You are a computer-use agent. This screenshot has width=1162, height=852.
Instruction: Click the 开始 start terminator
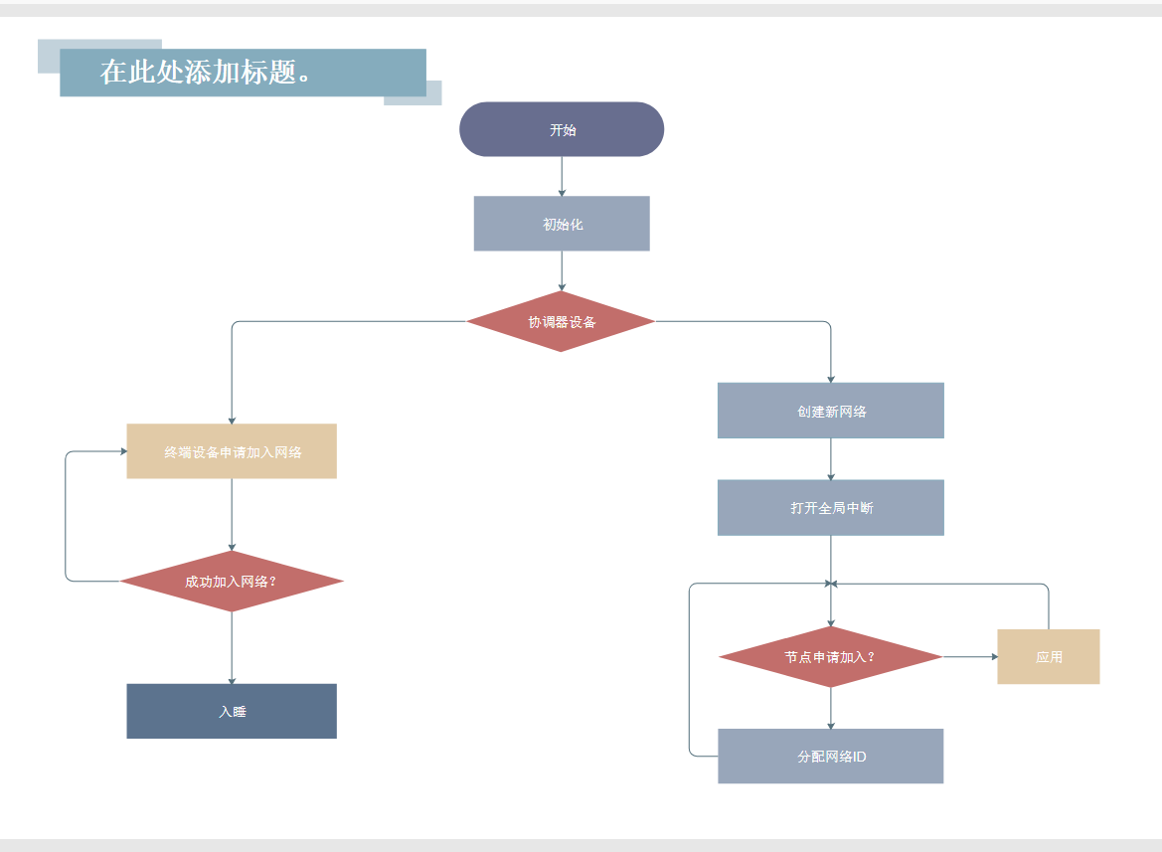tap(562, 129)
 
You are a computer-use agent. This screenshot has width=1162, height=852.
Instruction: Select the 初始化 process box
tap(562, 224)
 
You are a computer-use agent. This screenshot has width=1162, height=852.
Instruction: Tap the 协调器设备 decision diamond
tap(562, 321)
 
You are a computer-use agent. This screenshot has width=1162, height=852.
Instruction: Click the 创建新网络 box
tap(831, 411)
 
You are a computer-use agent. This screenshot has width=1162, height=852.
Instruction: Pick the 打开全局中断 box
tap(831, 508)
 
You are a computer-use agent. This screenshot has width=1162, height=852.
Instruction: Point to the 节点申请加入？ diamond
tap(830, 657)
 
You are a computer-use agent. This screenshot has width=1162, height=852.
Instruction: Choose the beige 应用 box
tap(1049, 657)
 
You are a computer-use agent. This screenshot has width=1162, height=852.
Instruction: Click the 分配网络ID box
tap(831, 757)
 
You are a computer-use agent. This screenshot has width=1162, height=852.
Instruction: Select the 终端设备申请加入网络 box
tap(232, 451)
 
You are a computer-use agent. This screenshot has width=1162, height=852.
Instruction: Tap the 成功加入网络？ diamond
tap(232, 582)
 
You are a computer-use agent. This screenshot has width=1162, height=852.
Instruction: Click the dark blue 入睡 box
tap(232, 711)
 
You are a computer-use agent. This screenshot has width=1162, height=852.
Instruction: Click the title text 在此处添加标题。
tap(209, 73)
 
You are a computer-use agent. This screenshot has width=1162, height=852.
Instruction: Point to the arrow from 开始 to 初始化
tap(562, 176)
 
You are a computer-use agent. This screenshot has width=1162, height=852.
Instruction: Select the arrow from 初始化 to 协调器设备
tap(562, 270)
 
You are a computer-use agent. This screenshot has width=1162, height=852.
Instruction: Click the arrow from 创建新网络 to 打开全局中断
tap(831, 459)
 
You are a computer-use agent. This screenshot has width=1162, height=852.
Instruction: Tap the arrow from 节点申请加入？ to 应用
tap(970, 657)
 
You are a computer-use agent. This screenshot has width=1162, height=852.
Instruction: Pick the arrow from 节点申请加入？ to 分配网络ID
tap(831, 708)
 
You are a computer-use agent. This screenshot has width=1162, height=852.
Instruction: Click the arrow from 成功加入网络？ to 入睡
tap(232, 647)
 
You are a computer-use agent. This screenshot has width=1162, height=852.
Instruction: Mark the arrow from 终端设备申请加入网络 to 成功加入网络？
tap(232, 514)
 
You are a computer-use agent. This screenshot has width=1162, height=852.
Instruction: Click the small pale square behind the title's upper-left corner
tap(48, 56)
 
